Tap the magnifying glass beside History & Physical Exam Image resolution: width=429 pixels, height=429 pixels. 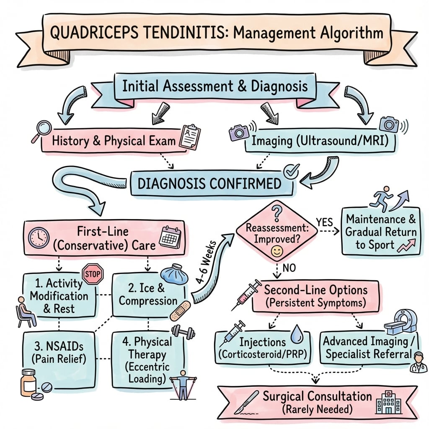[x=42, y=131]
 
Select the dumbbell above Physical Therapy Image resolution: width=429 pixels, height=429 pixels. [x=183, y=332]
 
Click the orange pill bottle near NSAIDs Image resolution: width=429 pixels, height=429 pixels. [x=28, y=382]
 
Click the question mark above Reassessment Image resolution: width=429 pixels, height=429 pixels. [x=277, y=213]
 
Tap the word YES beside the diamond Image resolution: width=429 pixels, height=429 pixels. [x=325, y=222]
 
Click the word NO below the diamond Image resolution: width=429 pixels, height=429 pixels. [x=289, y=268]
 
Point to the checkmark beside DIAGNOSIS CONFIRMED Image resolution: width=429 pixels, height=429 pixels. [x=291, y=171]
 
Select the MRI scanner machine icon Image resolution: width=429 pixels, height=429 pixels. [x=401, y=322]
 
